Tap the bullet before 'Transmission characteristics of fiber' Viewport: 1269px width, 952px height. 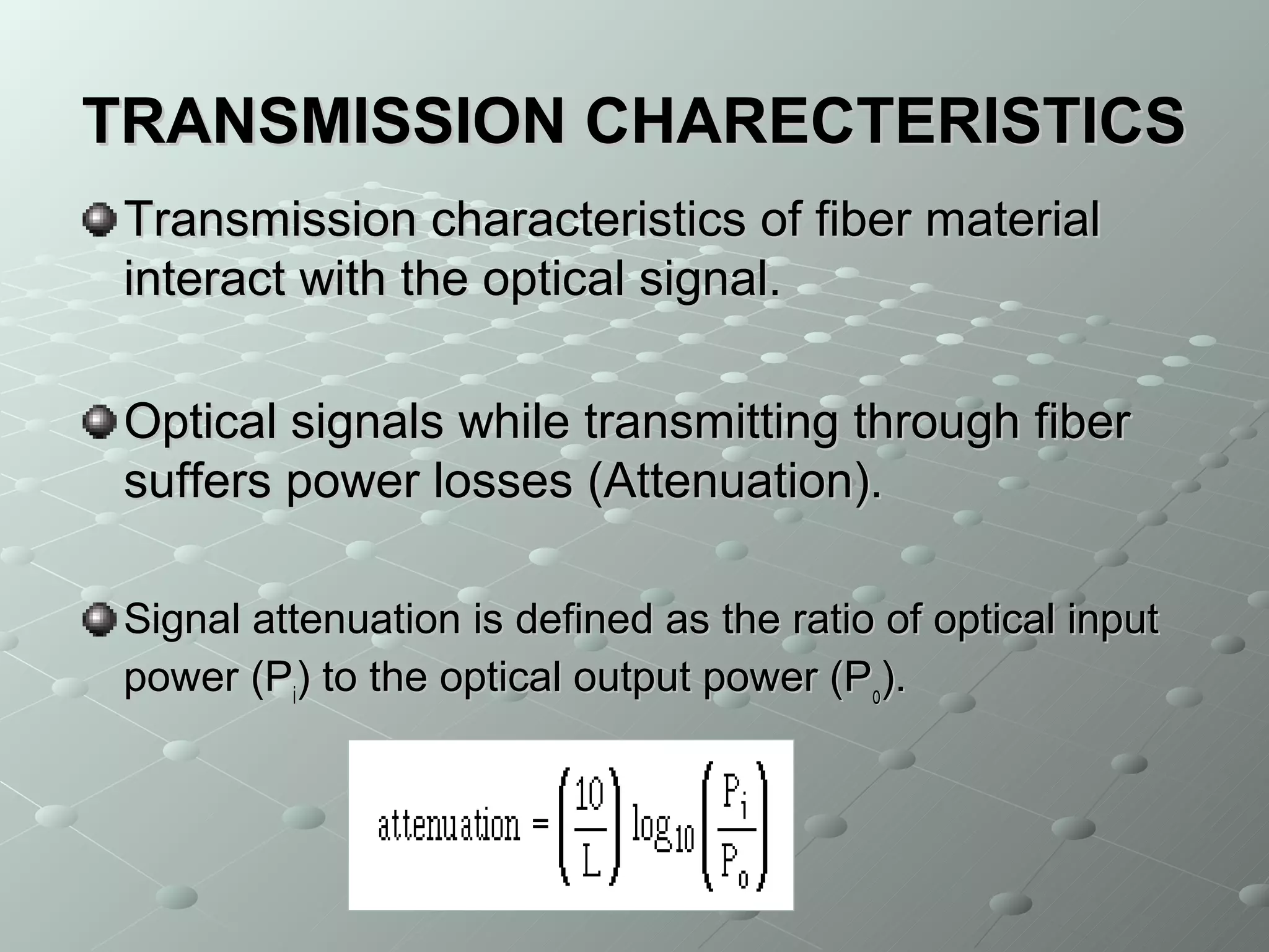coord(99,221)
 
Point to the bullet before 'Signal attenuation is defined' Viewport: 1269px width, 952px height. coord(99,619)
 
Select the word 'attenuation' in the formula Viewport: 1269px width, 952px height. coord(449,826)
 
